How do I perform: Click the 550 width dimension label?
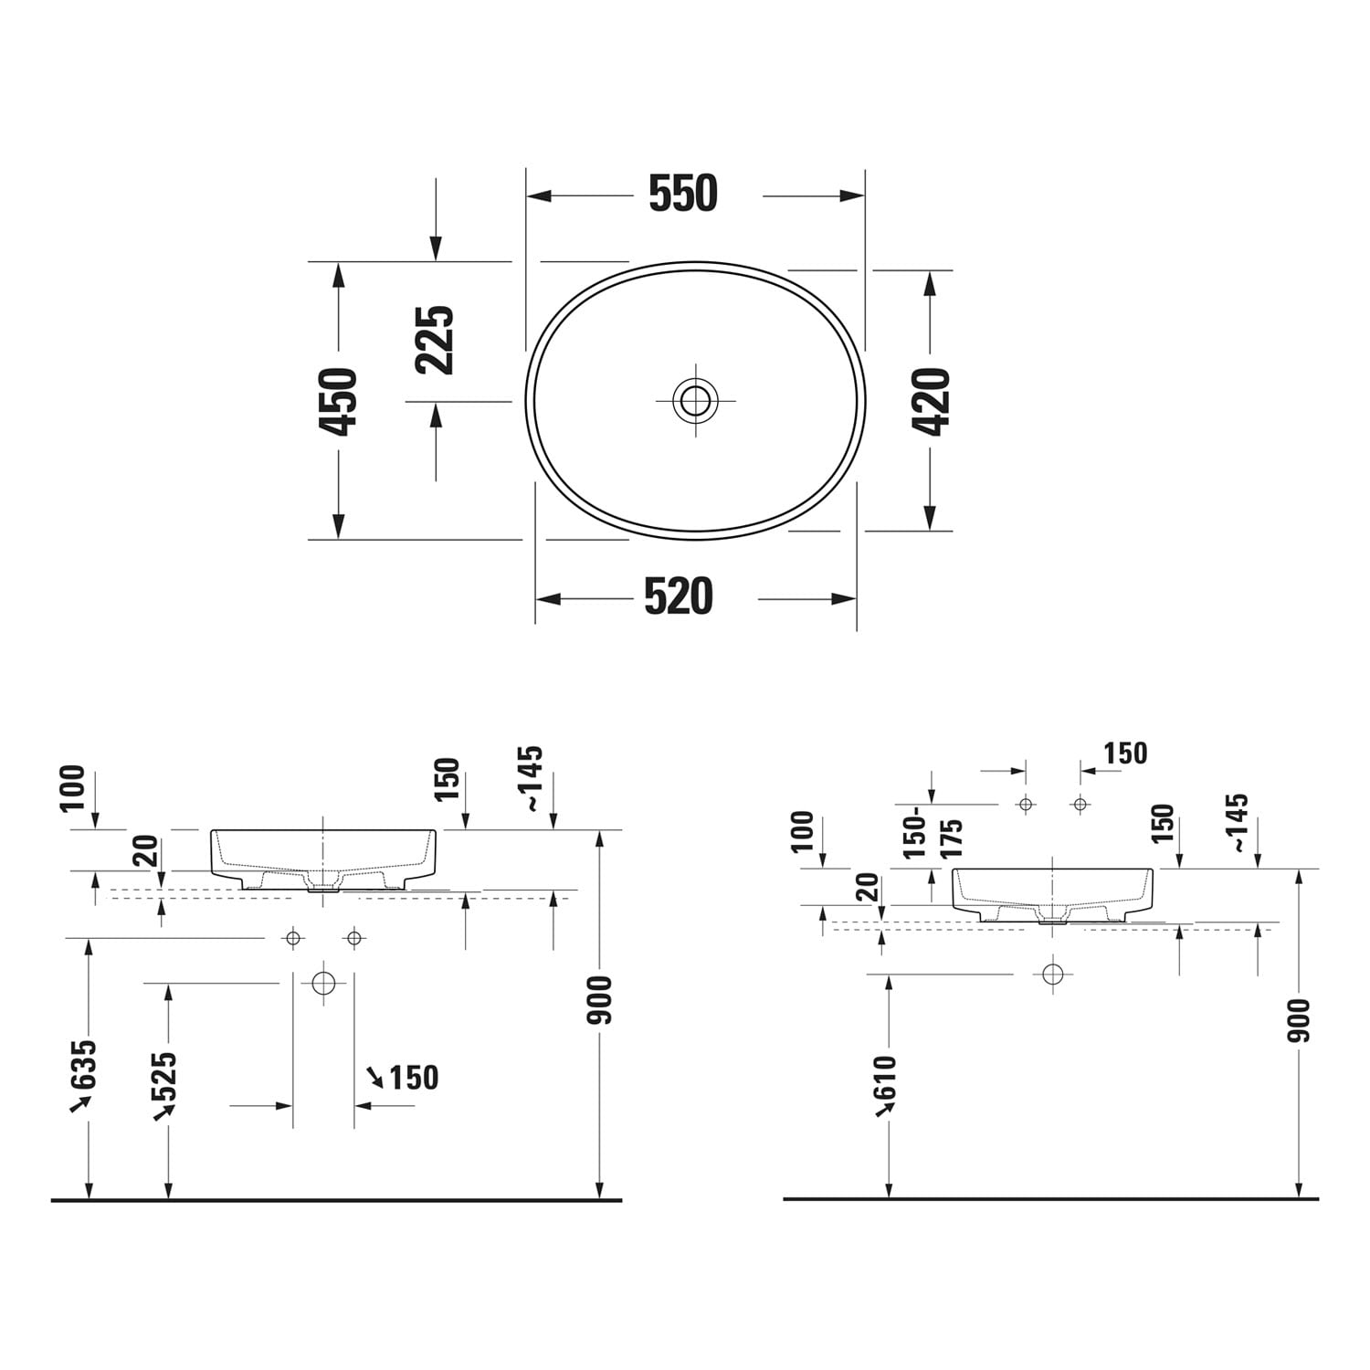683,194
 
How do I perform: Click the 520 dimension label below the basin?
679,597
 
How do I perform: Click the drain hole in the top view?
695,400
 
